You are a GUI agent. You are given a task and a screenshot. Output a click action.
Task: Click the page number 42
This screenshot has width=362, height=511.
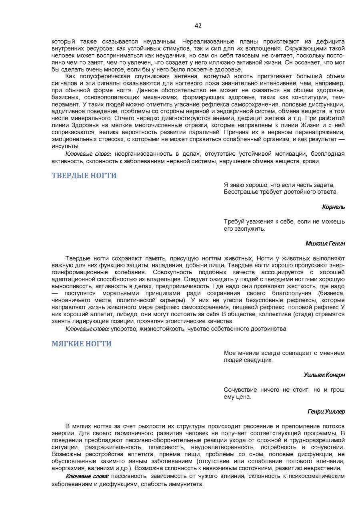[198, 26]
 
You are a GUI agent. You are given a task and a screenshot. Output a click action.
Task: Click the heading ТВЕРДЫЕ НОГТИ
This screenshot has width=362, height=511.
[84, 176]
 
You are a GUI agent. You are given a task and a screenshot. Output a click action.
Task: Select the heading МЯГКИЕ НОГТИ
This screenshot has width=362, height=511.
[82, 344]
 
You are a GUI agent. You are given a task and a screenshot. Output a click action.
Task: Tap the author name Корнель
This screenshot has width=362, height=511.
[334, 207]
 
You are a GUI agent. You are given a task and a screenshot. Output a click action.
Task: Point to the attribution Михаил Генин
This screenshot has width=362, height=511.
[325, 243]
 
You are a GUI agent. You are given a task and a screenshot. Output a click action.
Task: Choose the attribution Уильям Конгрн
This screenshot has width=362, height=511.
[324, 375]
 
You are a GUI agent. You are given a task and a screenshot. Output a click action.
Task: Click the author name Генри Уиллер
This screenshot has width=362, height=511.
[326, 411]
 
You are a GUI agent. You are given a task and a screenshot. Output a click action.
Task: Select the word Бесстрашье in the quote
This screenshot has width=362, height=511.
[239, 192]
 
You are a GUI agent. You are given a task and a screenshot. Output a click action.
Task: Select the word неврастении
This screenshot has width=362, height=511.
[326, 468]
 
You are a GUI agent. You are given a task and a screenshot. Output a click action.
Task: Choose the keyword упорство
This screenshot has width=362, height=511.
[123, 329]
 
